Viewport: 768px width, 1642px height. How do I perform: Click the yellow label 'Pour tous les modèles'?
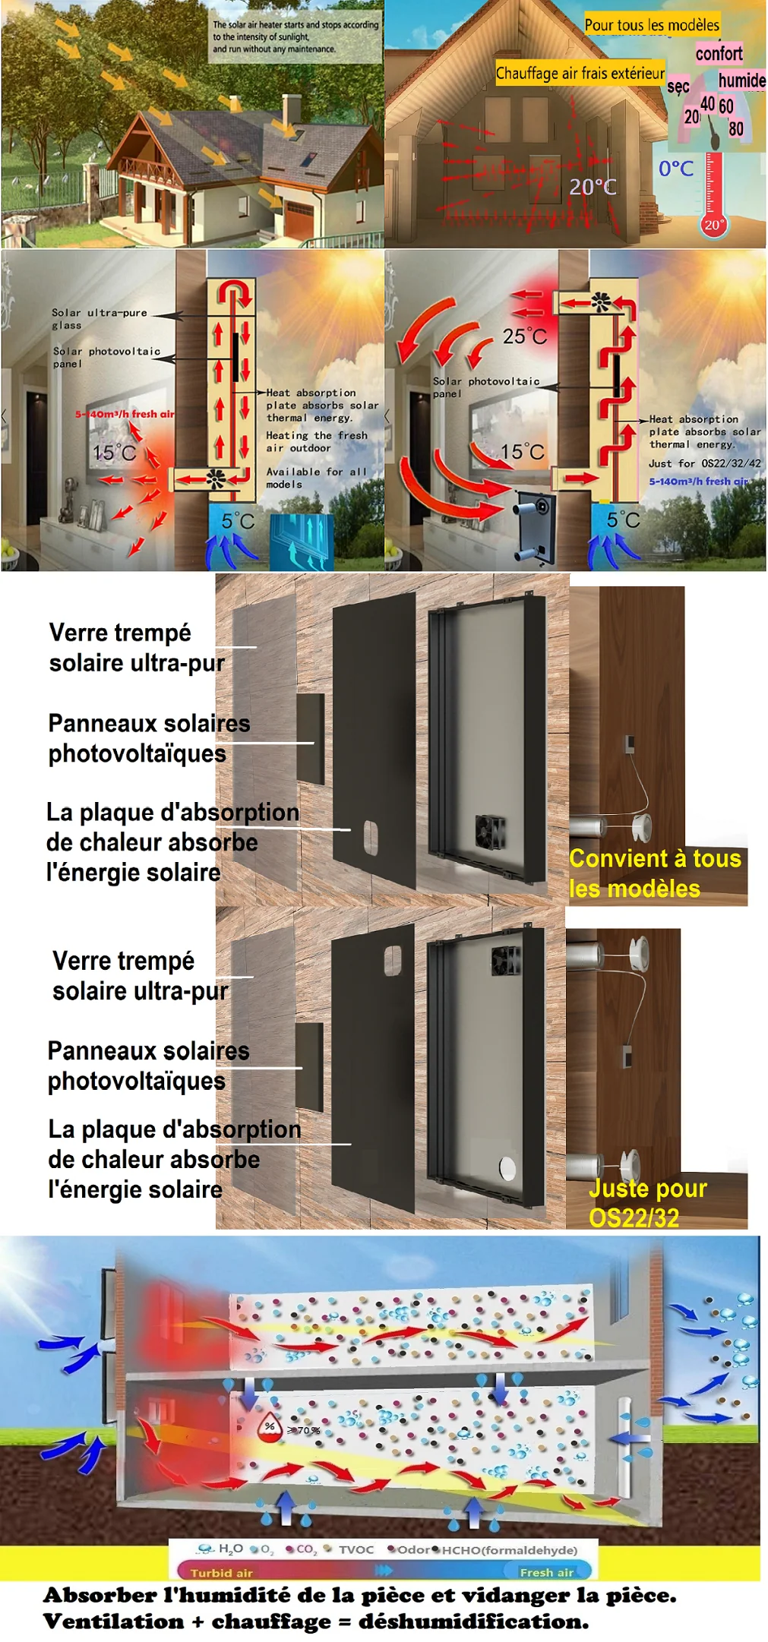tap(651, 25)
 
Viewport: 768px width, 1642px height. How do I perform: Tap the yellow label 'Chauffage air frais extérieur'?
tap(580, 73)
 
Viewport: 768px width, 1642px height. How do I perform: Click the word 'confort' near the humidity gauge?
tap(719, 53)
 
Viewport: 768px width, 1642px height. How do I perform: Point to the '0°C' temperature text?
tap(675, 169)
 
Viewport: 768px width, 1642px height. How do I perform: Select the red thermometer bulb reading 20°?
tap(713, 225)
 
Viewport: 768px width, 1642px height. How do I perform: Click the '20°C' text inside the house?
tap(593, 187)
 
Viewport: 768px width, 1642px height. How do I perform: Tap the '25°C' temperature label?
tap(524, 336)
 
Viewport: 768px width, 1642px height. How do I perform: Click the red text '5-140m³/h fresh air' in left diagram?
tap(125, 414)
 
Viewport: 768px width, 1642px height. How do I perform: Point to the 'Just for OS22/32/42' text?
tap(704, 463)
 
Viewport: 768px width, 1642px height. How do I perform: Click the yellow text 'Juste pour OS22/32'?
tap(647, 1203)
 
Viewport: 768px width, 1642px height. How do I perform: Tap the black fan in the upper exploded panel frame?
tap(490, 832)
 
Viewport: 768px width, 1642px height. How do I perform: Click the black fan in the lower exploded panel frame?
tap(506, 961)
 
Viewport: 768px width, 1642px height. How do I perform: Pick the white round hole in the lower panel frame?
tap(507, 1169)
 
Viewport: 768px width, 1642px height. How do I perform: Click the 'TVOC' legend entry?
tap(356, 1549)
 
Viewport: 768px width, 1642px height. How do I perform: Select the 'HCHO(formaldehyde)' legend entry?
tap(509, 1549)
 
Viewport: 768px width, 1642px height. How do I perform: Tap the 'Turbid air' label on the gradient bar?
tap(221, 1572)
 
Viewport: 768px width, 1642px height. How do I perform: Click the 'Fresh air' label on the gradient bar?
tap(546, 1572)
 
